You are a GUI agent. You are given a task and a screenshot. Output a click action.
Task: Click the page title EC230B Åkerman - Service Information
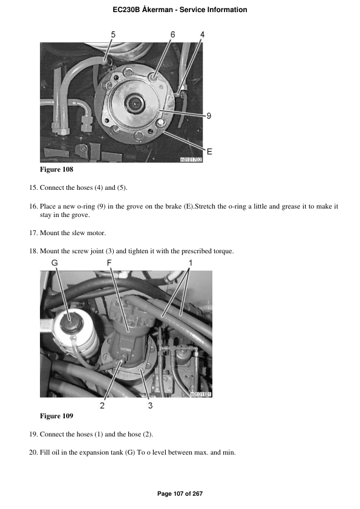point(180,10)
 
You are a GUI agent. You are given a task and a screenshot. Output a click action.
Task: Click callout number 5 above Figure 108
point(113,35)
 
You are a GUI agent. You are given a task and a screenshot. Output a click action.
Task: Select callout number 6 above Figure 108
point(173,35)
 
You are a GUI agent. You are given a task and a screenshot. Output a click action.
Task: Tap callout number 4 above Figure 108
point(202,35)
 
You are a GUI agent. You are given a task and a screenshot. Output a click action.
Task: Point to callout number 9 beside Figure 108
point(208,117)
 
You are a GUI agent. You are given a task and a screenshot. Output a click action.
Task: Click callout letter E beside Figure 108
point(209,151)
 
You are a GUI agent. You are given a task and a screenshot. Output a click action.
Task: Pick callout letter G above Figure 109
point(54,263)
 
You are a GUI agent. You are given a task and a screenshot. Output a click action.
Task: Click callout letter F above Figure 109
point(109,263)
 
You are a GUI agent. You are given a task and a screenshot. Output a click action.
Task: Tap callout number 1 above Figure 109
point(190,263)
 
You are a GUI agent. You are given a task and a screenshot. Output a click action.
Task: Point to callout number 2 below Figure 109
point(102,406)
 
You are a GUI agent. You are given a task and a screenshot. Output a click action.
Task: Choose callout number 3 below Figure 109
point(150,406)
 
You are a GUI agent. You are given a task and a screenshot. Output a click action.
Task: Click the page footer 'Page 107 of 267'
point(180,494)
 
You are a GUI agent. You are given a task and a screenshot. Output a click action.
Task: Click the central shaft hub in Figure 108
point(134,104)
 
